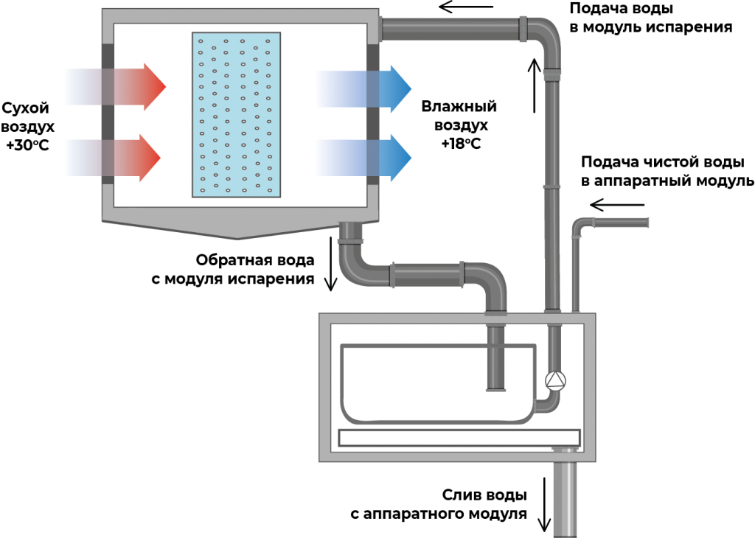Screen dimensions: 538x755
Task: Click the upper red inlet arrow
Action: pos(118,87)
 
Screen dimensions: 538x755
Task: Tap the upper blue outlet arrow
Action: pos(369,88)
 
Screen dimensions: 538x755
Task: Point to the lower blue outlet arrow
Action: pos(369,158)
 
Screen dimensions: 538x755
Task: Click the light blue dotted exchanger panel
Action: pos(236,114)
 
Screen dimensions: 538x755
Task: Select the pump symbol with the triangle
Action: pos(554,380)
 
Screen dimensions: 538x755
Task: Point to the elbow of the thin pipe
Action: pos(580,225)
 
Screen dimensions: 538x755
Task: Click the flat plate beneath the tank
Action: pos(459,438)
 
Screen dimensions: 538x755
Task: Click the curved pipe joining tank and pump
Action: pos(547,402)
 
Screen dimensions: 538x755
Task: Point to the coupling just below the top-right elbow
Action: pos(552,74)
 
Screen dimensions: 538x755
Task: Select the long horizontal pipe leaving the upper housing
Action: pos(450,29)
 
